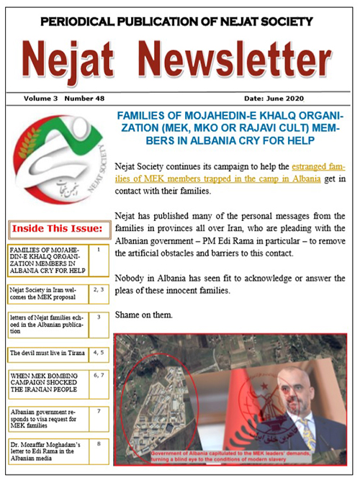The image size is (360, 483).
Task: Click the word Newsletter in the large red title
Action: click(x=238, y=59)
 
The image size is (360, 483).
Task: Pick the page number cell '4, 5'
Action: click(x=99, y=353)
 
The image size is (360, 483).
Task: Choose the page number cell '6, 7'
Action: click(x=99, y=376)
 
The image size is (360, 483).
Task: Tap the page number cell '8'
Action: click(x=99, y=444)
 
